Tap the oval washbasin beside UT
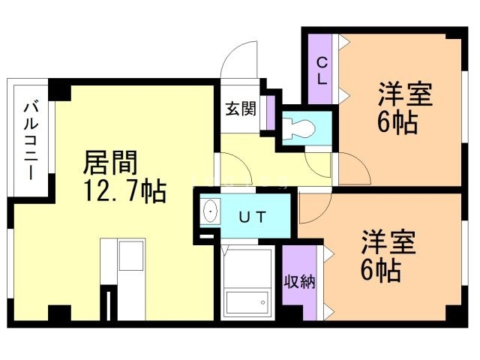coord(211,212)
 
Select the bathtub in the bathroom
coord(247,285)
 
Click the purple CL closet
coord(320,70)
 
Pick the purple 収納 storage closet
coord(299,282)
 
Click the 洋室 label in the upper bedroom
coord(406,96)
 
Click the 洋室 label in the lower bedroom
coord(388,244)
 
